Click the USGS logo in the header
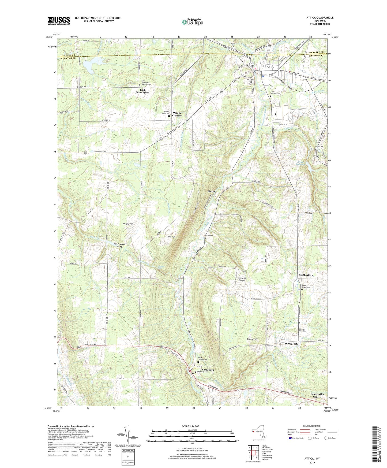point(59,21)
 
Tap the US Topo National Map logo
point(193,22)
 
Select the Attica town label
point(270,67)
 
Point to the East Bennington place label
point(142,91)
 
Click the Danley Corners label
point(177,114)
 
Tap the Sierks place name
point(212,191)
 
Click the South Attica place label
point(306,275)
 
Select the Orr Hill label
point(172,237)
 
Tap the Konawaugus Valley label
point(119,245)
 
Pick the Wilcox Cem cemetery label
point(271,346)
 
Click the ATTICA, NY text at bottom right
point(312,459)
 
